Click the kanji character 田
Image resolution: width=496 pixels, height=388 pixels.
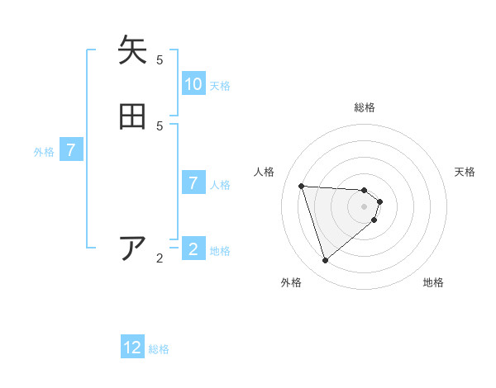133,116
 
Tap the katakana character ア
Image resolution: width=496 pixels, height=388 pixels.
133,248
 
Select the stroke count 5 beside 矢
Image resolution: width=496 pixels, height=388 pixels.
160,59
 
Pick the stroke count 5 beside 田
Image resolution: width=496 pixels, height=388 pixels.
160,125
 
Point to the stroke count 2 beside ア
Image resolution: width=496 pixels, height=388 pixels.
160,258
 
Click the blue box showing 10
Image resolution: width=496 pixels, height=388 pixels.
193,84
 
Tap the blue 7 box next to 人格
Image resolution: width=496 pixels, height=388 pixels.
193,183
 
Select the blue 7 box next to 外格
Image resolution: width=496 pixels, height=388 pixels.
71,150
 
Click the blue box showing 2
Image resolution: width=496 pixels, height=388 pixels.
193,249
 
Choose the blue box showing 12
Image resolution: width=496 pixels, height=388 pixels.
132,348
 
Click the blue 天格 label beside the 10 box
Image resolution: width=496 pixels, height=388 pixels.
220,86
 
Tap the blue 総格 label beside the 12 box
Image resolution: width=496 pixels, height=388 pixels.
159,349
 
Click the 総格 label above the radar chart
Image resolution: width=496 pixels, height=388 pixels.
365,107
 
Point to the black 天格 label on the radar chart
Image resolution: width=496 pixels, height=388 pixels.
465,172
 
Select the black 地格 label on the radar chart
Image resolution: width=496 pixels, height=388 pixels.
433,282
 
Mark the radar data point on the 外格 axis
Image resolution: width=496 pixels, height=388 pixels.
325,261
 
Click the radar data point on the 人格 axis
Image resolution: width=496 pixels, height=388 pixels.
301,186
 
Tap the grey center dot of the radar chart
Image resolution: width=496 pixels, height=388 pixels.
365,217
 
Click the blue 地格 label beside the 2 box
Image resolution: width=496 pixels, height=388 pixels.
220,251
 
